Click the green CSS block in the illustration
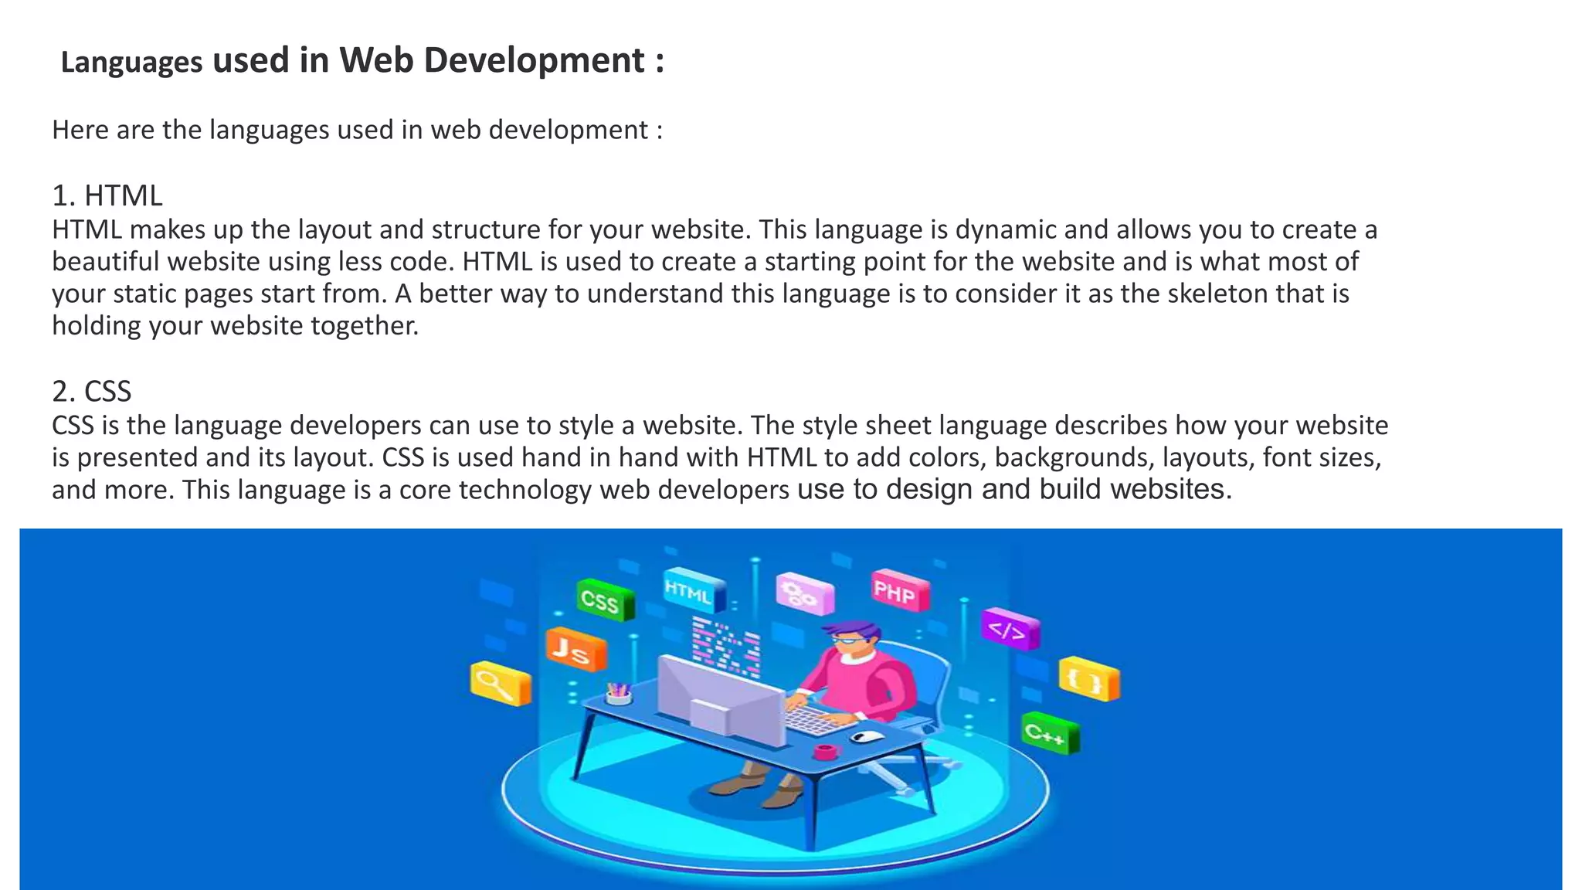(606, 600)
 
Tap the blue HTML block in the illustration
(693, 593)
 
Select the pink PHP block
(898, 592)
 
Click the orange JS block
(575, 651)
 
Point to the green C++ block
(1049, 733)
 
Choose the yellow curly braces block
(1088, 678)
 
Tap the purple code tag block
(1010, 630)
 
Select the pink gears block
(803, 593)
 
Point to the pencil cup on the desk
(618, 694)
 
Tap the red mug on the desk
(825, 751)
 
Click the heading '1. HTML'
(107, 196)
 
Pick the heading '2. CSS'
(92, 392)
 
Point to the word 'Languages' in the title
(131, 63)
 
